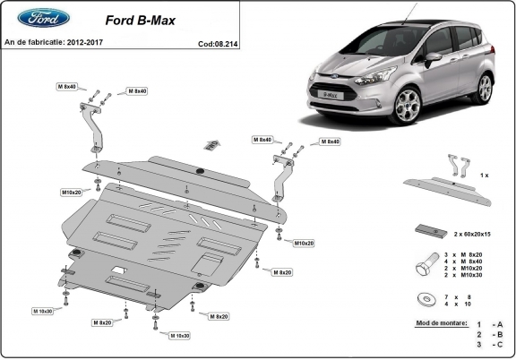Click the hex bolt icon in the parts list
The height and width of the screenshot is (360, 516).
[x=426, y=266]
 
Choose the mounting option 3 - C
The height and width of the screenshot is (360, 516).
[x=489, y=344]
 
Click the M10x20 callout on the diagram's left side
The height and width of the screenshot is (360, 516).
[x=72, y=192]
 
